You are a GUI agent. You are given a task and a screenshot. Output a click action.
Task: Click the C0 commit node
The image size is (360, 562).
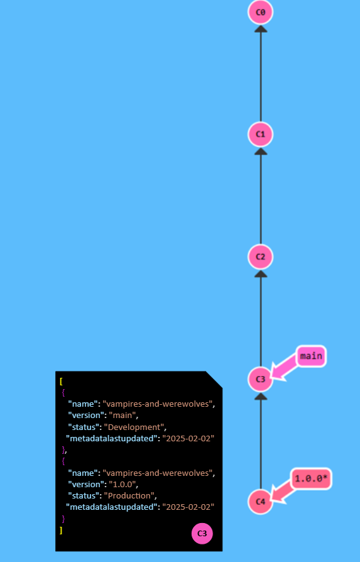(x=261, y=12)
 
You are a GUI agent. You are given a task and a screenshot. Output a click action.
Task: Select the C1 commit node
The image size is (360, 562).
(x=261, y=134)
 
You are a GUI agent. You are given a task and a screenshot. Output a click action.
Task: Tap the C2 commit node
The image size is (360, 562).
(x=261, y=256)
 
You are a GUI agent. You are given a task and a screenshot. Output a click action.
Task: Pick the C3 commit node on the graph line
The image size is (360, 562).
(x=261, y=379)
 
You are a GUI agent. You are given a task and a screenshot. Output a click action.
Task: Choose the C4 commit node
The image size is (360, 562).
(x=261, y=502)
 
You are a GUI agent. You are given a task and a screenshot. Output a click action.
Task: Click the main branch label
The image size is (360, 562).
(x=310, y=356)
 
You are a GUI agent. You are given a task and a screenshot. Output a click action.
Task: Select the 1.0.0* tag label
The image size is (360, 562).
(x=311, y=479)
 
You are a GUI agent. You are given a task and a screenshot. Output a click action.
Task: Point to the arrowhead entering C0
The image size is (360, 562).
(x=261, y=28)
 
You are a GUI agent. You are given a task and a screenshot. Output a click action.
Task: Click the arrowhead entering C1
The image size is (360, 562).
(x=261, y=150)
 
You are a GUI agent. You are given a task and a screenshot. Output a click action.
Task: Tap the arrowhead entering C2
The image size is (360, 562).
(x=261, y=273)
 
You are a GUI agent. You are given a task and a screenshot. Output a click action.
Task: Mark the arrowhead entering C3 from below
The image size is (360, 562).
(x=261, y=395)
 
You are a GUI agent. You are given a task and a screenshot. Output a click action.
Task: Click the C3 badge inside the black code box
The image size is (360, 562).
(x=202, y=534)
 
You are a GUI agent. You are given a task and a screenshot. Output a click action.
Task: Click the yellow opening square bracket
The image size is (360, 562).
(x=61, y=382)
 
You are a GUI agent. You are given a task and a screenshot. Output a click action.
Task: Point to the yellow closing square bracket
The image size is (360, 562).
(x=61, y=530)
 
